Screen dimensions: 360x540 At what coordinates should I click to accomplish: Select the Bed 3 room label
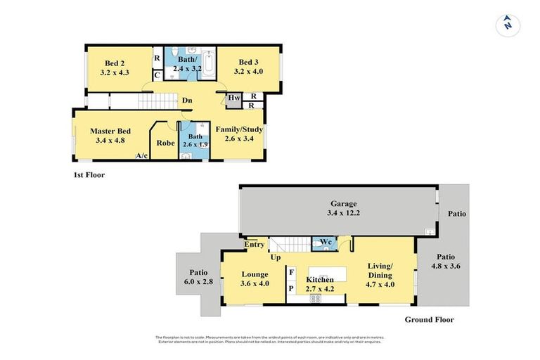(x=249, y=63)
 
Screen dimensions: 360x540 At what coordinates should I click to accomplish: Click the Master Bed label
(x=111, y=131)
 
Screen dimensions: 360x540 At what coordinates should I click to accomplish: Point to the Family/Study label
(x=239, y=130)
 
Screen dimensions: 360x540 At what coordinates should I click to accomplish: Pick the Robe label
(x=166, y=143)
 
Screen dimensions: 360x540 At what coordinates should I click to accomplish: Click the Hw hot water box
(x=233, y=97)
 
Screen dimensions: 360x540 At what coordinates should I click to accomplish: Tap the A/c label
(x=141, y=155)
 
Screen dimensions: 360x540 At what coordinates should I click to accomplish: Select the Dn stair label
(x=187, y=101)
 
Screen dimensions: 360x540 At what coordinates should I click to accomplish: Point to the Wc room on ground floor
(x=324, y=243)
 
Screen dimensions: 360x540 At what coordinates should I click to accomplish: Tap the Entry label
(x=255, y=245)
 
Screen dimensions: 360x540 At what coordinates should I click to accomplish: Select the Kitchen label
(x=319, y=280)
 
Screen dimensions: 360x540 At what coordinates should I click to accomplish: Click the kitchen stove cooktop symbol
(x=316, y=298)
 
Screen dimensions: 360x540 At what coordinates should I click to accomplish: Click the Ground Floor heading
(x=429, y=319)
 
